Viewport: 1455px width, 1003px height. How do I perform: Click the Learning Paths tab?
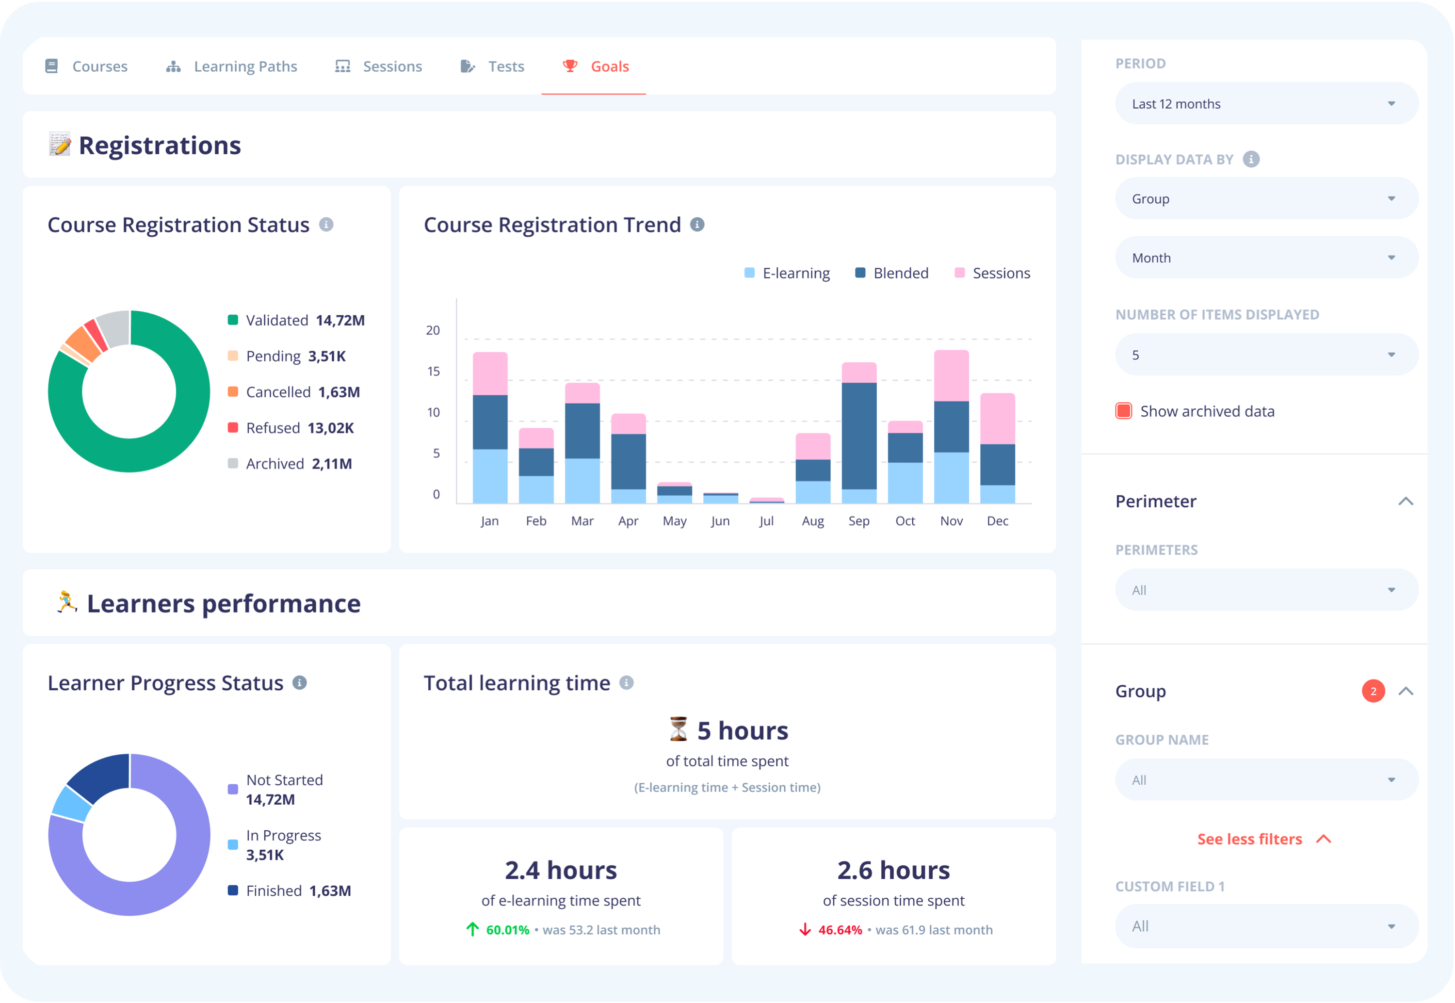click(245, 66)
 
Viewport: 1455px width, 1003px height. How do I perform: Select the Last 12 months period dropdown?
click(1265, 104)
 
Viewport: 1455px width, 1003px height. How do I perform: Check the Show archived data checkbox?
click(1123, 411)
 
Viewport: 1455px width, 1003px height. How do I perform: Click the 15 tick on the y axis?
click(434, 372)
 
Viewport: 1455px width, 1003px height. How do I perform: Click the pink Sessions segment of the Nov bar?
click(951, 376)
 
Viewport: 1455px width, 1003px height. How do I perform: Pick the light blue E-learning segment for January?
click(489, 476)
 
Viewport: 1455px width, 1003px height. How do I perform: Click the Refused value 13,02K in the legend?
click(330, 428)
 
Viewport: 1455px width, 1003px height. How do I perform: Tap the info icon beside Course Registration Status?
click(326, 225)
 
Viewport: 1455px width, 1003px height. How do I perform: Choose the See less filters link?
click(1249, 839)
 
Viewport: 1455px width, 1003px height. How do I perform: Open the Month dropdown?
click(1265, 258)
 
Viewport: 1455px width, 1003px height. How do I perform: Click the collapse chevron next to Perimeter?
click(1406, 501)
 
